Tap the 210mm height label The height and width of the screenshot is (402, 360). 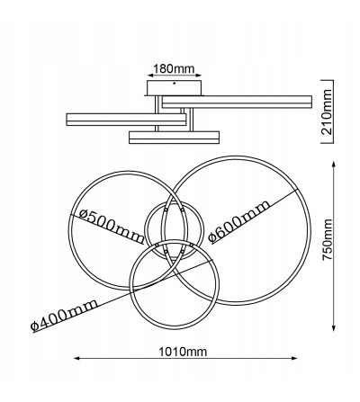coord(329,112)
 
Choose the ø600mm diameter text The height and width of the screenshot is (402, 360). coord(239,223)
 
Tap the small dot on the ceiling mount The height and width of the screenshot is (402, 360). coord(174,83)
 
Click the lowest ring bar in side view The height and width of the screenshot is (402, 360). coord(174,137)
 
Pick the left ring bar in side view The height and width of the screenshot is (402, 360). coord(124,117)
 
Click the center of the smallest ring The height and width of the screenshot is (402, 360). coord(166,230)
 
